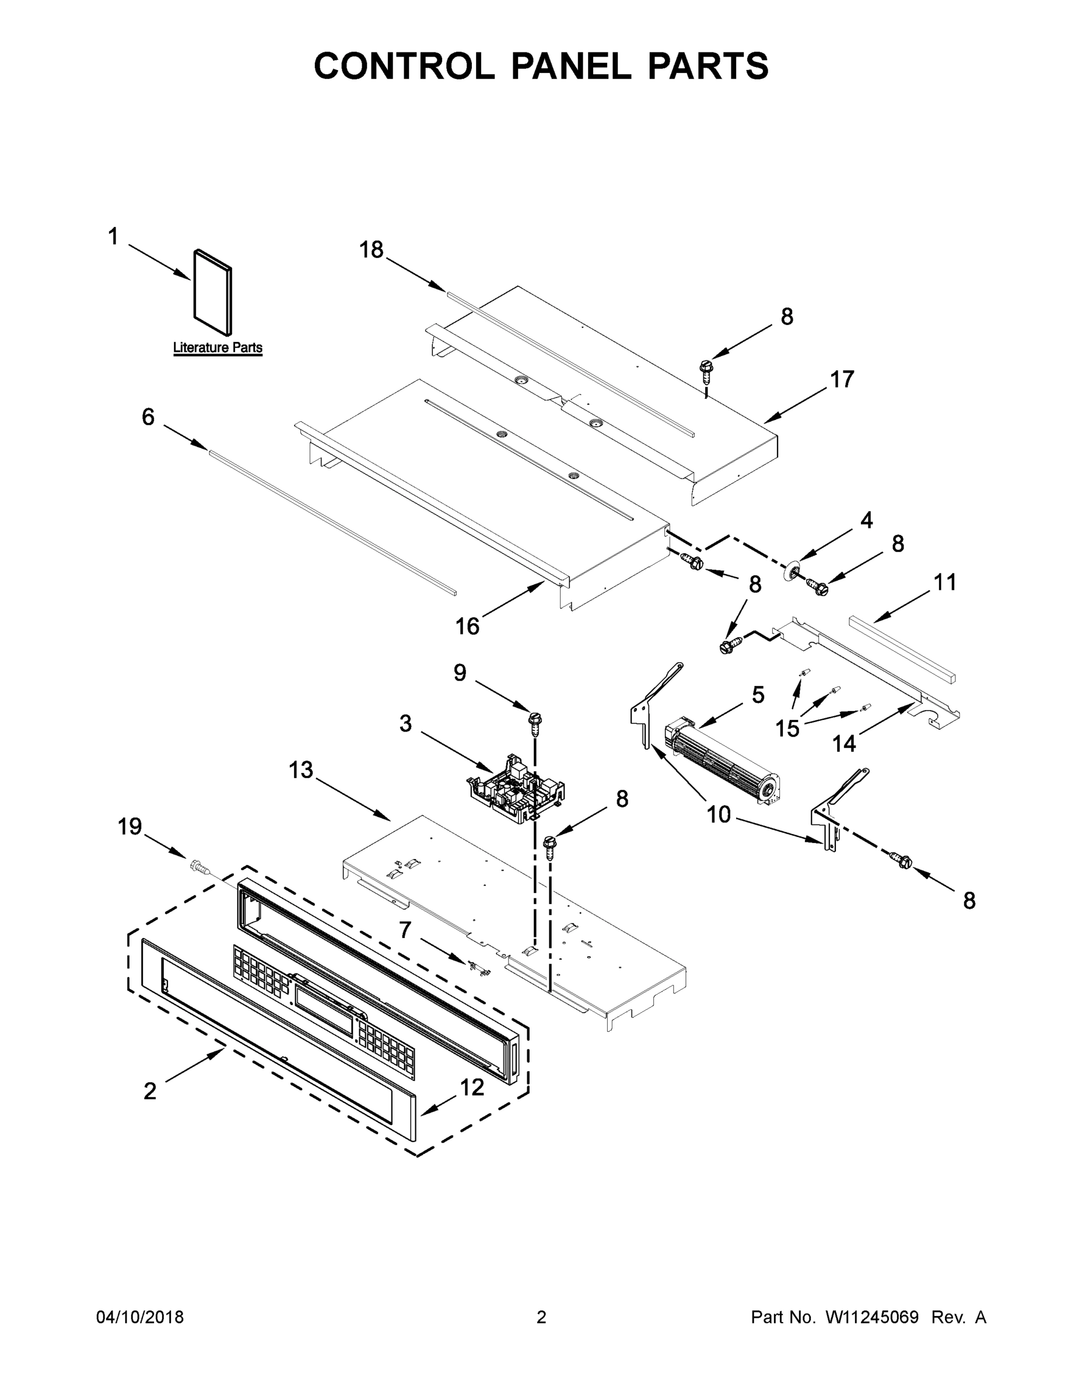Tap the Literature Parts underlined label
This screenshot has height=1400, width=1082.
coord(218,348)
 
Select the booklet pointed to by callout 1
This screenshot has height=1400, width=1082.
coord(212,292)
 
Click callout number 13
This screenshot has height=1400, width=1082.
coord(300,769)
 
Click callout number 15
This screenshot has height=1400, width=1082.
coord(787,728)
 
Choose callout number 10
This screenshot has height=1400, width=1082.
coord(719,814)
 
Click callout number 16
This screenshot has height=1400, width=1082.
coord(467,626)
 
